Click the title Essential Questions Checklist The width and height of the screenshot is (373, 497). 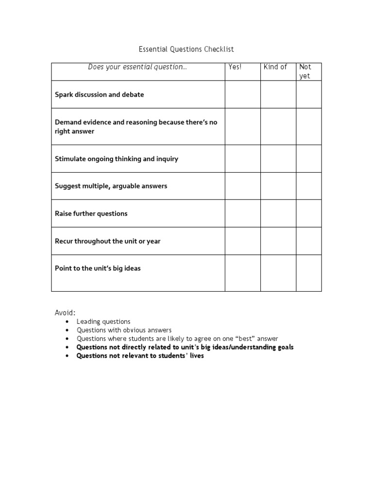(x=186, y=50)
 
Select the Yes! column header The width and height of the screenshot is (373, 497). (x=235, y=67)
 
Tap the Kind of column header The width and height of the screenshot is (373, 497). (x=275, y=67)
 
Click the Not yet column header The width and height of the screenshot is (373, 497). (x=305, y=71)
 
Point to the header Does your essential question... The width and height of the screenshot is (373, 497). (x=137, y=67)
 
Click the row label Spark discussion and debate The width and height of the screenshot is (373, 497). (x=100, y=95)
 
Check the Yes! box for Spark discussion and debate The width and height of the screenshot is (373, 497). (x=242, y=95)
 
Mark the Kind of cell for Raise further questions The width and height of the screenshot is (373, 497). (x=278, y=214)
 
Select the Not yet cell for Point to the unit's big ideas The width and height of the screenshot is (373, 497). (x=309, y=273)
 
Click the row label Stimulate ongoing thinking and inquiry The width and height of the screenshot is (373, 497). (x=117, y=159)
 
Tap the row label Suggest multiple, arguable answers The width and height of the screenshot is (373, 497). (x=111, y=186)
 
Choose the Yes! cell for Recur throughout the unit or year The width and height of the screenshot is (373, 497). (x=242, y=241)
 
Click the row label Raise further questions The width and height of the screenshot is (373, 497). (x=91, y=214)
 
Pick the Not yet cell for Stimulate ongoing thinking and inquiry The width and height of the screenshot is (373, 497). (x=309, y=159)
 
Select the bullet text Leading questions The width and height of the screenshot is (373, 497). (x=103, y=321)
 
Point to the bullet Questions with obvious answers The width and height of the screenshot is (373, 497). (x=124, y=330)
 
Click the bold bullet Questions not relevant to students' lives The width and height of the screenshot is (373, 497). (x=140, y=356)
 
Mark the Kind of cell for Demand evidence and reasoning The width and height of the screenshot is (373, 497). (x=278, y=127)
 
